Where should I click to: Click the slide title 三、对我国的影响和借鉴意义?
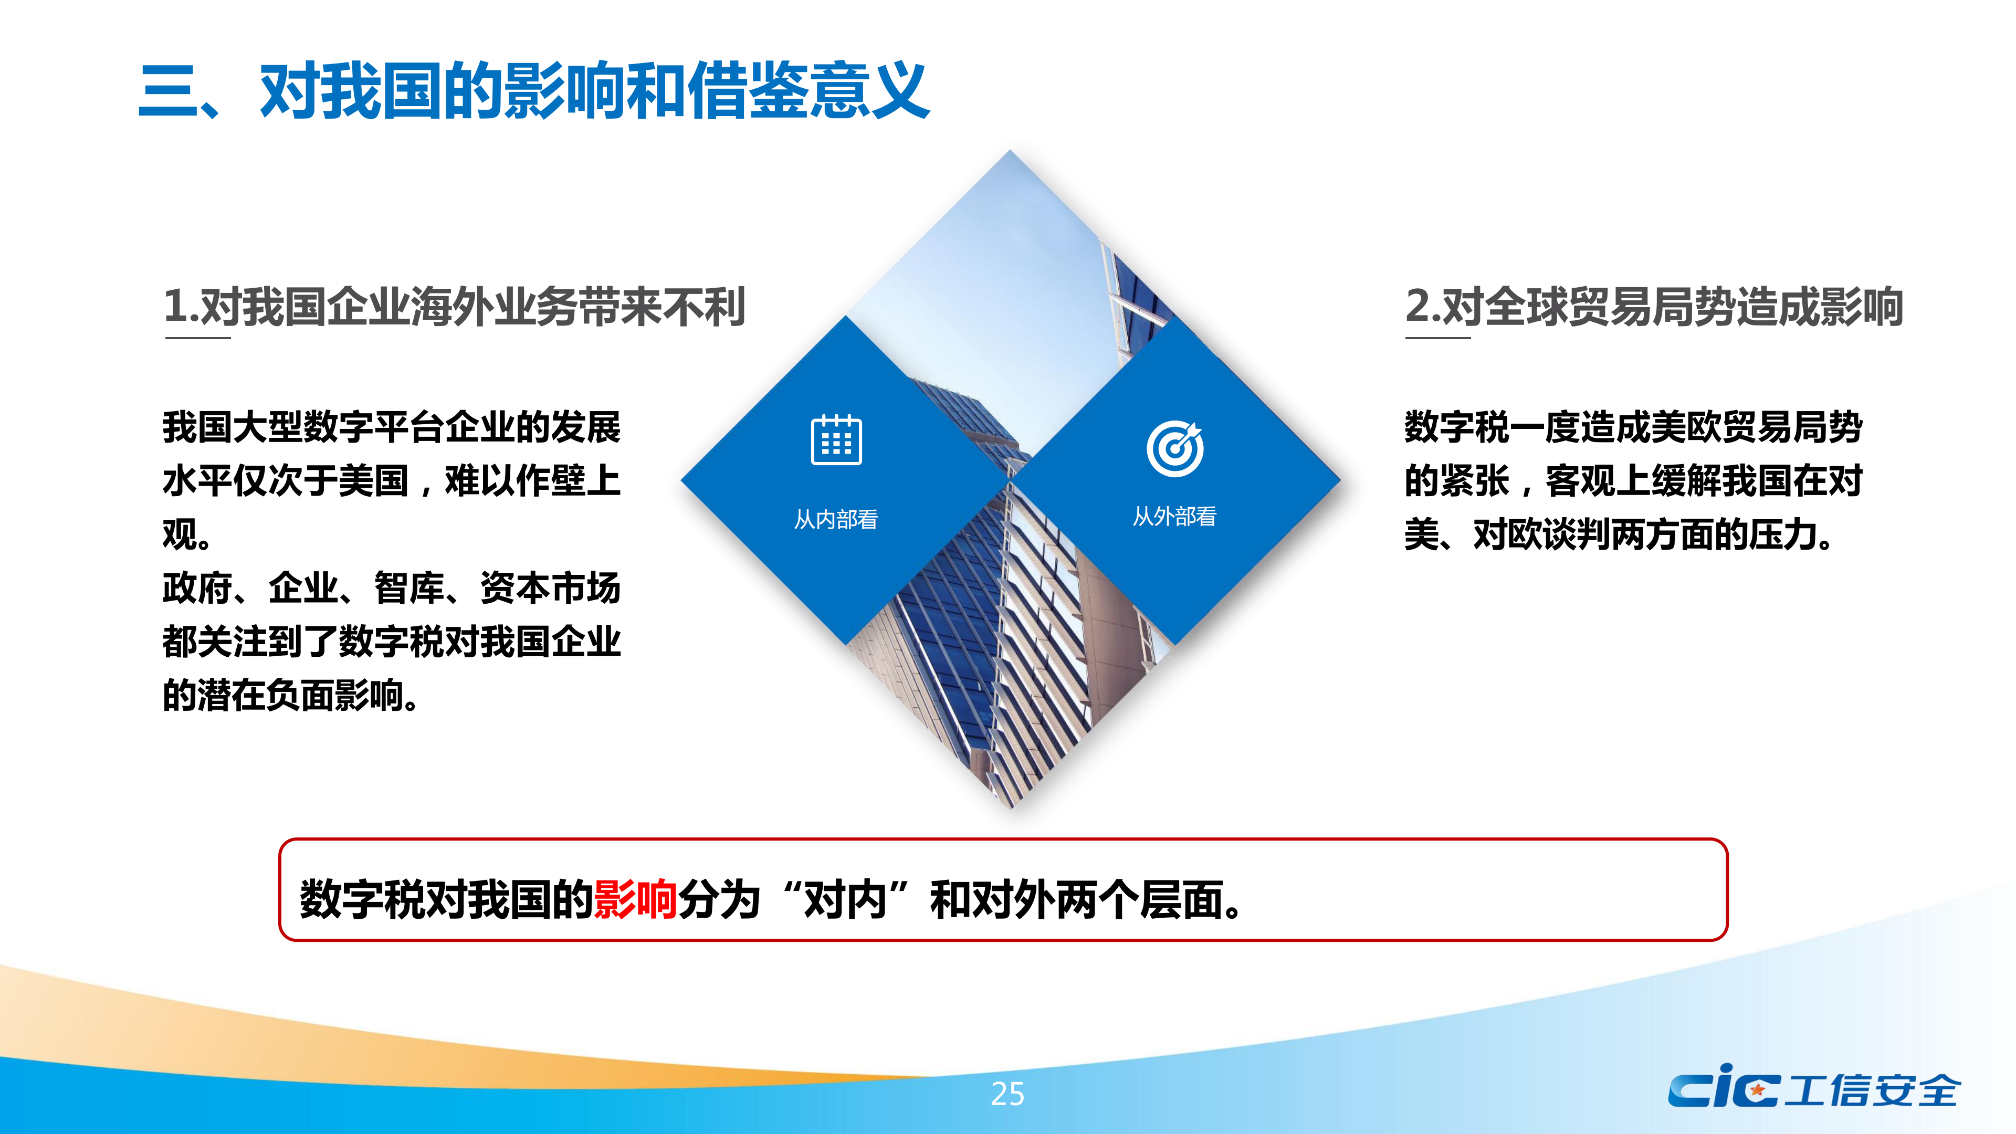point(534,91)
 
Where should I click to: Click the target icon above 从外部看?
point(1175,448)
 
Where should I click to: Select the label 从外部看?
point(1175,517)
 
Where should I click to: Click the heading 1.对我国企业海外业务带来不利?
point(454,306)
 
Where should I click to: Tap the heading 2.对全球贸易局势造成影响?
point(1654,306)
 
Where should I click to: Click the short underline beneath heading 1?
point(198,338)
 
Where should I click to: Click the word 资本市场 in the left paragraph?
point(550,588)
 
